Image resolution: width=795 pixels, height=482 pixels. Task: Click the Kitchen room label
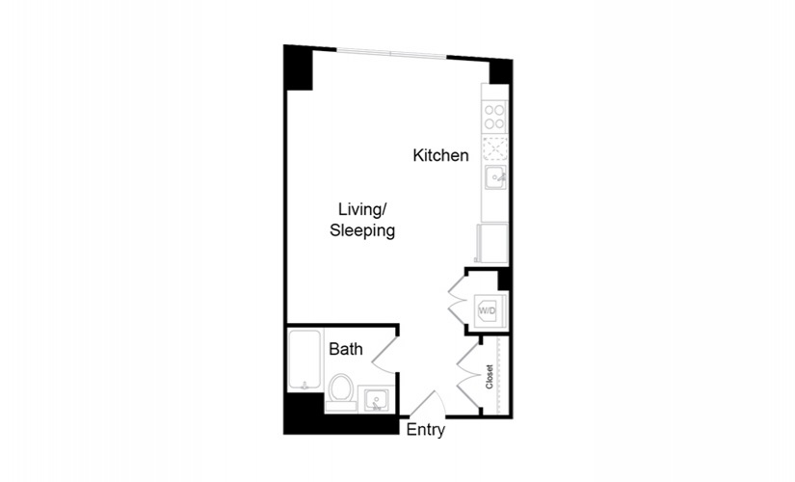[440, 155]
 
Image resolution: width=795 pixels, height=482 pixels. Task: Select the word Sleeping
[362, 230]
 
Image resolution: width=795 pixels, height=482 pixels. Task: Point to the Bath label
[346, 349]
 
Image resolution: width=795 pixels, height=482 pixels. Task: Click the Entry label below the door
[426, 430]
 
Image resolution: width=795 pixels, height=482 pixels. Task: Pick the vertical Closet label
[490, 377]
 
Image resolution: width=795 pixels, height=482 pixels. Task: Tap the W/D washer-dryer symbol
[488, 310]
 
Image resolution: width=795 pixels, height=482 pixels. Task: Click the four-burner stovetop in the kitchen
[494, 118]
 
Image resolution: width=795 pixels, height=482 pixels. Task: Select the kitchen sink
[495, 177]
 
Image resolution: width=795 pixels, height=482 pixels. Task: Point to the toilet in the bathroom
[340, 392]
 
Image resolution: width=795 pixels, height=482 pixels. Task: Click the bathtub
[305, 360]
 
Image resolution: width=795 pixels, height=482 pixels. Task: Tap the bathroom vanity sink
[377, 400]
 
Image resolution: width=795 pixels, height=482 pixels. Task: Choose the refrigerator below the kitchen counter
[492, 244]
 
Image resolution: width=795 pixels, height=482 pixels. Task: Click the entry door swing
[429, 404]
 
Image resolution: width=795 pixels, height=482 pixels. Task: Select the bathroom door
[384, 355]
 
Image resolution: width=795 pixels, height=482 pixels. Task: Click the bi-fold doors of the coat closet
[468, 376]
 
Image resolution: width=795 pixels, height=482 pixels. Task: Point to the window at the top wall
[392, 52]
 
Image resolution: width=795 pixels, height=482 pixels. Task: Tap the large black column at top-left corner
[298, 68]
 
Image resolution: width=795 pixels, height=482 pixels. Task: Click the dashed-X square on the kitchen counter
[494, 148]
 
